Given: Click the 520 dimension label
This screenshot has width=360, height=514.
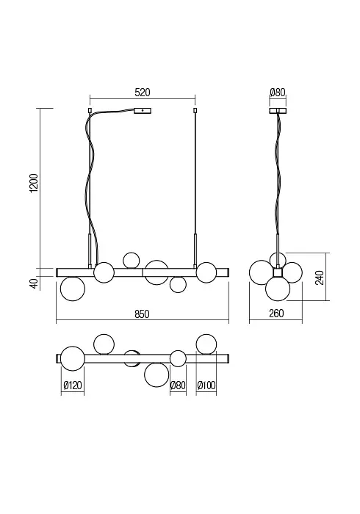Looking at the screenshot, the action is click(x=143, y=93).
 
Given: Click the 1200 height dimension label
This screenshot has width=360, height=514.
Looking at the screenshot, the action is click(x=34, y=184).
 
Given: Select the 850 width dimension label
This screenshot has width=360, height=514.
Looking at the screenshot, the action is click(x=142, y=314).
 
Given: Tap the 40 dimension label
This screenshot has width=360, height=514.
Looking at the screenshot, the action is click(x=34, y=283).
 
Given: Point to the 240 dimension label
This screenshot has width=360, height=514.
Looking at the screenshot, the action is click(x=320, y=278).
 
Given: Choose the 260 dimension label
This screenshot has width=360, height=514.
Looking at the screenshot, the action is click(x=276, y=314).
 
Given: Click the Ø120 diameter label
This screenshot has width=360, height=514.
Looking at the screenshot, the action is click(x=73, y=385).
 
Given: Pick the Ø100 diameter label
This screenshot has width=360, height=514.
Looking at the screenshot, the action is click(x=206, y=385).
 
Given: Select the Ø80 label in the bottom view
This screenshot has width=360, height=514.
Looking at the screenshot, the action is click(x=178, y=385).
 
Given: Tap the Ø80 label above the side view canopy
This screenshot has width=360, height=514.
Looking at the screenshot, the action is click(x=278, y=93).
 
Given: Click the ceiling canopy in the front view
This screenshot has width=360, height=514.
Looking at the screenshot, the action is click(x=143, y=111).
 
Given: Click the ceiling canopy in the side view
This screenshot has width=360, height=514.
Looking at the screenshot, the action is click(x=278, y=111).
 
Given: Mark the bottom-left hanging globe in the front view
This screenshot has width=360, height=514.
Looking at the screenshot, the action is click(x=73, y=289).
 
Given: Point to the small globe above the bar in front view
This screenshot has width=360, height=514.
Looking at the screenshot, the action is click(x=132, y=261).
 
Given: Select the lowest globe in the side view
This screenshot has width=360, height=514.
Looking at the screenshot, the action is click(x=278, y=289).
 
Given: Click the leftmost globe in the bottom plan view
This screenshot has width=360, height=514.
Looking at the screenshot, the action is click(x=73, y=358).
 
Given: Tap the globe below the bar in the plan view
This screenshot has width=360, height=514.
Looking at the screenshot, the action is click(x=156, y=374).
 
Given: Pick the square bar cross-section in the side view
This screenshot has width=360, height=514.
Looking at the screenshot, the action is click(x=278, y=272).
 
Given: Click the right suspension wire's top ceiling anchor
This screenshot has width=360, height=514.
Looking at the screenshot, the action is click(x=195, y=110).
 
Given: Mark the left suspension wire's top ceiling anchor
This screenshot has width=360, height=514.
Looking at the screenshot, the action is click(x=90, y=110).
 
